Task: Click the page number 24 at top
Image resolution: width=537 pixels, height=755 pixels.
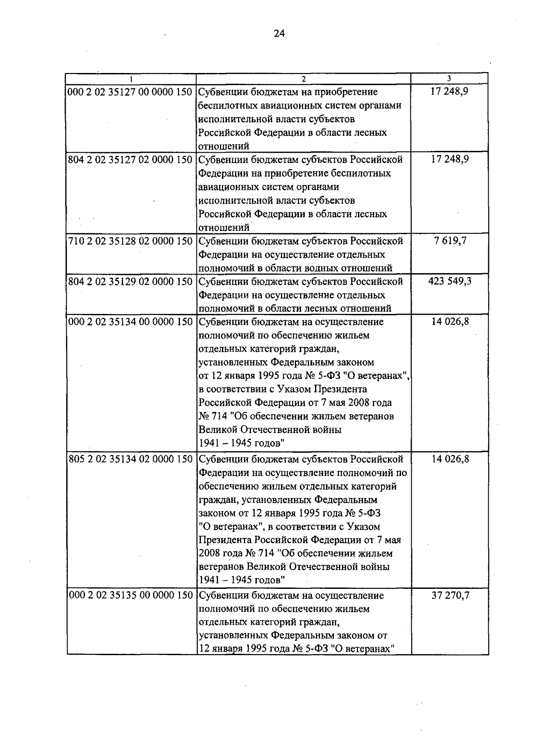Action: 279,34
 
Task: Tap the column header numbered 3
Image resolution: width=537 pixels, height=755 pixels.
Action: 449,79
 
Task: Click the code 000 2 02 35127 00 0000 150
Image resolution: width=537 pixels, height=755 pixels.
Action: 130,92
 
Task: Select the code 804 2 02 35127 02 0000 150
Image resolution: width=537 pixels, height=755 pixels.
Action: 130,160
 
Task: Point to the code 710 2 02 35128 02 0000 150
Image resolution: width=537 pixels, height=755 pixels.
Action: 130,241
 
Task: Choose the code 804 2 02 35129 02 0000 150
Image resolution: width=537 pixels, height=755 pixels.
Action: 130,282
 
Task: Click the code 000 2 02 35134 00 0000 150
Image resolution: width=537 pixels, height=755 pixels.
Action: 130,322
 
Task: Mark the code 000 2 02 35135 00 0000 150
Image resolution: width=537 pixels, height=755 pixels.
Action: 130,596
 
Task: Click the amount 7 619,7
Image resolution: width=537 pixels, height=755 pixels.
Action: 450,241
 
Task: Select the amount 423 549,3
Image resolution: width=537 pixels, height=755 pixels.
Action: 450,282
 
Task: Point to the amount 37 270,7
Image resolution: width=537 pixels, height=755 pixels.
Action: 450,596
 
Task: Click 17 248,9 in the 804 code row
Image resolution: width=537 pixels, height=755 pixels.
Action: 450,160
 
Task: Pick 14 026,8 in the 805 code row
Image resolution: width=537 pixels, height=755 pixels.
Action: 450,459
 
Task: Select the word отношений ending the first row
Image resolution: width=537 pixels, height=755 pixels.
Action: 224,146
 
